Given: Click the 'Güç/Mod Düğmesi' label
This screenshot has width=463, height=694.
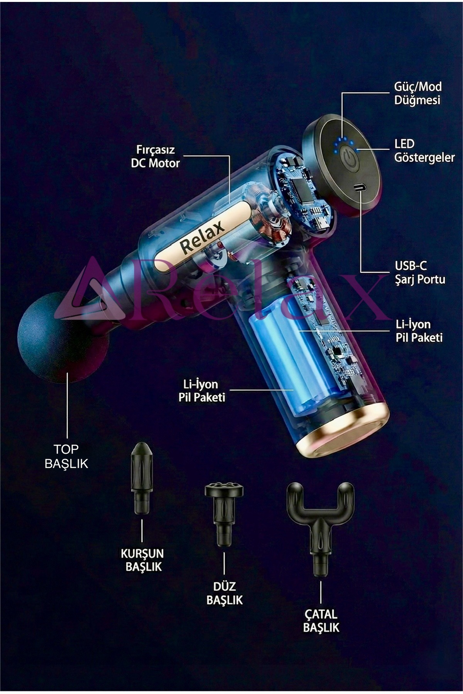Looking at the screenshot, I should pos(417,93).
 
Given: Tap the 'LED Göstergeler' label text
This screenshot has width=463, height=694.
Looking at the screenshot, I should pos(424,150).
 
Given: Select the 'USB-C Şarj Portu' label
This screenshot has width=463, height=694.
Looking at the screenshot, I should pos(420,272).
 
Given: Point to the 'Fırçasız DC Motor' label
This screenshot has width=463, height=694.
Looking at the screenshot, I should pos(155,156).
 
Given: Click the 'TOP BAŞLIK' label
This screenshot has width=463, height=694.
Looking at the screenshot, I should pos(66,456).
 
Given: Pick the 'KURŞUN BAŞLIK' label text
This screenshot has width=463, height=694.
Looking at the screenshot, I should pos(142,560).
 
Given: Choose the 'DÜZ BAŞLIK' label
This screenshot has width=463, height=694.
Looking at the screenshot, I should pos(225,593).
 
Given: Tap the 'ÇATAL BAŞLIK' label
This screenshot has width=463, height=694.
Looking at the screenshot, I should pos(321,620).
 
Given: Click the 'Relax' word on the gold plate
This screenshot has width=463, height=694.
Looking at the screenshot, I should pos(202,237).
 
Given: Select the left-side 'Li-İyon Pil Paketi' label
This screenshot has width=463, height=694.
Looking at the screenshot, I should pos(202,391).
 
